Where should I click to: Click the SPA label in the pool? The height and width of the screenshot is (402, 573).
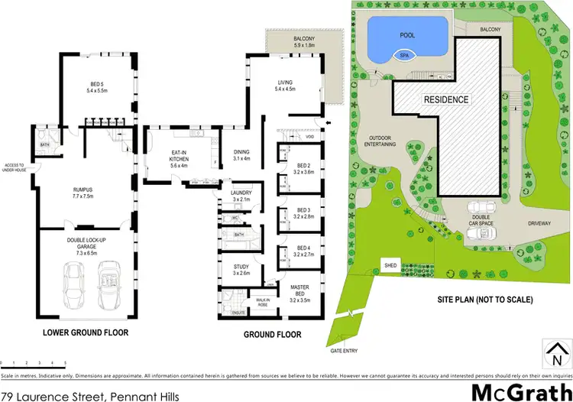[x=403, y=54]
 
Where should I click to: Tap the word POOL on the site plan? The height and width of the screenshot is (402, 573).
[x=408, y=35]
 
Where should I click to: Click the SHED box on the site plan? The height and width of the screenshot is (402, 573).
[x=390, y=266]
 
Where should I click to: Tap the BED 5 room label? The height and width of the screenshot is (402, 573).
[x=99, y=85]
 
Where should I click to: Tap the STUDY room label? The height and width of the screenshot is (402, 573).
[x=241, y=268]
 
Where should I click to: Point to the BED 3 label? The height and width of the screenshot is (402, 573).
[x=303, y=212]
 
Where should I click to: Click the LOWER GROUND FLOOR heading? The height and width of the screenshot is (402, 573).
[x=86, y=333]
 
